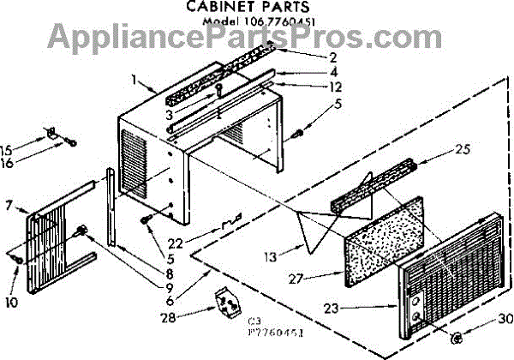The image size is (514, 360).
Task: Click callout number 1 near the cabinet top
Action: click(135, 80)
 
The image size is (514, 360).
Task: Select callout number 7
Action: click(9, 206)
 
